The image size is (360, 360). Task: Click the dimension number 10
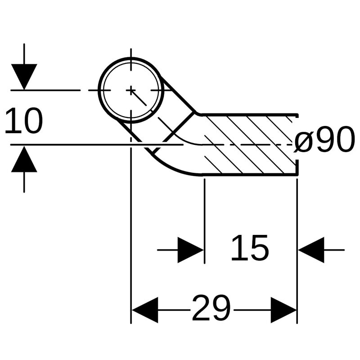coord(23,121)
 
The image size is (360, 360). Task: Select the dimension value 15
coord(249,248)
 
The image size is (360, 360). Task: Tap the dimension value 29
coord(211,309)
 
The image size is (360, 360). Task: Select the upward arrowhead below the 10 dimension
coord(24,160)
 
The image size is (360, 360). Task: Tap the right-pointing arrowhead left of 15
coord(190,250)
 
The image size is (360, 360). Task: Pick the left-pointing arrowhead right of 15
coord(312,250)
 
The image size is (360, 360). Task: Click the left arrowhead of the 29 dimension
coord(144,310)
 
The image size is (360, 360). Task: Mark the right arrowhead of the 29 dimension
coord(283,310)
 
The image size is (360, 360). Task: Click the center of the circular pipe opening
coord(130,90)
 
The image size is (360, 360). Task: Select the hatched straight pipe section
coord(250,144)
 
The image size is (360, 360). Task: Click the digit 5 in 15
coord(259,248)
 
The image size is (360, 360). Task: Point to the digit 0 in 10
coord(32,121)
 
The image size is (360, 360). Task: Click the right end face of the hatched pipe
coord(297,144)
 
